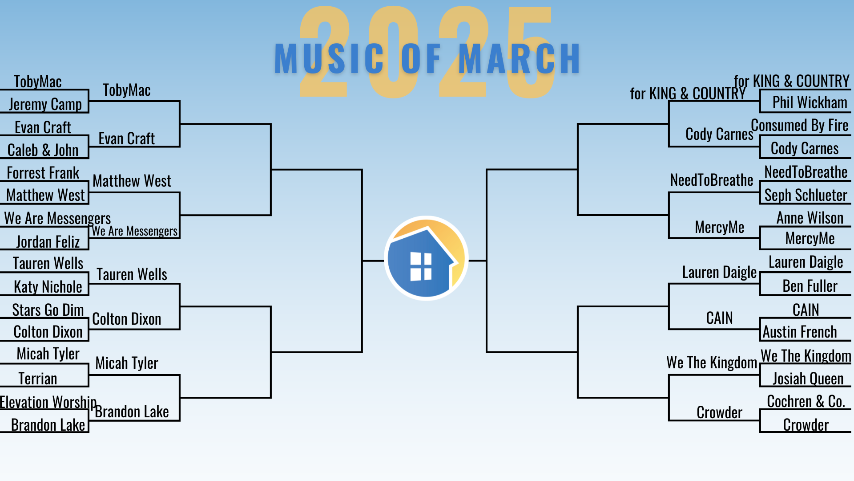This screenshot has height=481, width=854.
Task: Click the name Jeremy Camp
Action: tap(45, 104)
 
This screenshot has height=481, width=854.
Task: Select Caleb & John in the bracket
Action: tap(43, 150)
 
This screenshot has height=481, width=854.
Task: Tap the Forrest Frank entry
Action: tap(43, 173)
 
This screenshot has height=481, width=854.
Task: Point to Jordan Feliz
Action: tap(48, 242)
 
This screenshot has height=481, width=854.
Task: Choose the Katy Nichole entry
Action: tap(48, 287)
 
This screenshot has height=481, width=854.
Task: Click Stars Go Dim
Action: tap(48, 310)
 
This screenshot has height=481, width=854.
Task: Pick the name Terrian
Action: tap(38, 379)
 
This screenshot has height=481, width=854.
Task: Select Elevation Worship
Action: tap(48, 402)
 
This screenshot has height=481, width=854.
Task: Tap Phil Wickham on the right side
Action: tap(810, 102)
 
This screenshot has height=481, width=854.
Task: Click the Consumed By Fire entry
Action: tap(800, 126)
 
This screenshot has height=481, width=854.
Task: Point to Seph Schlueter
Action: tap(806, 195)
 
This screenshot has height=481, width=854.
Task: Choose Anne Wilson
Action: tap(810, 218)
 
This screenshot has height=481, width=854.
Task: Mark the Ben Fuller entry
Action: tap(810, 286)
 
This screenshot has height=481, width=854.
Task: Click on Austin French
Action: tap(800, 332)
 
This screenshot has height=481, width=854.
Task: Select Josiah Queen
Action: tap(808, 379)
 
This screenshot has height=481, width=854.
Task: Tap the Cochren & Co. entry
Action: tap(806, 402)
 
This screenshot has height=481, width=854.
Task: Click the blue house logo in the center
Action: tap(426, 258)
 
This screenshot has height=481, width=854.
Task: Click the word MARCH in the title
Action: tap(519, 58)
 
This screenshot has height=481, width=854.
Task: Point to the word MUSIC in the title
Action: tap(329, 58)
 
